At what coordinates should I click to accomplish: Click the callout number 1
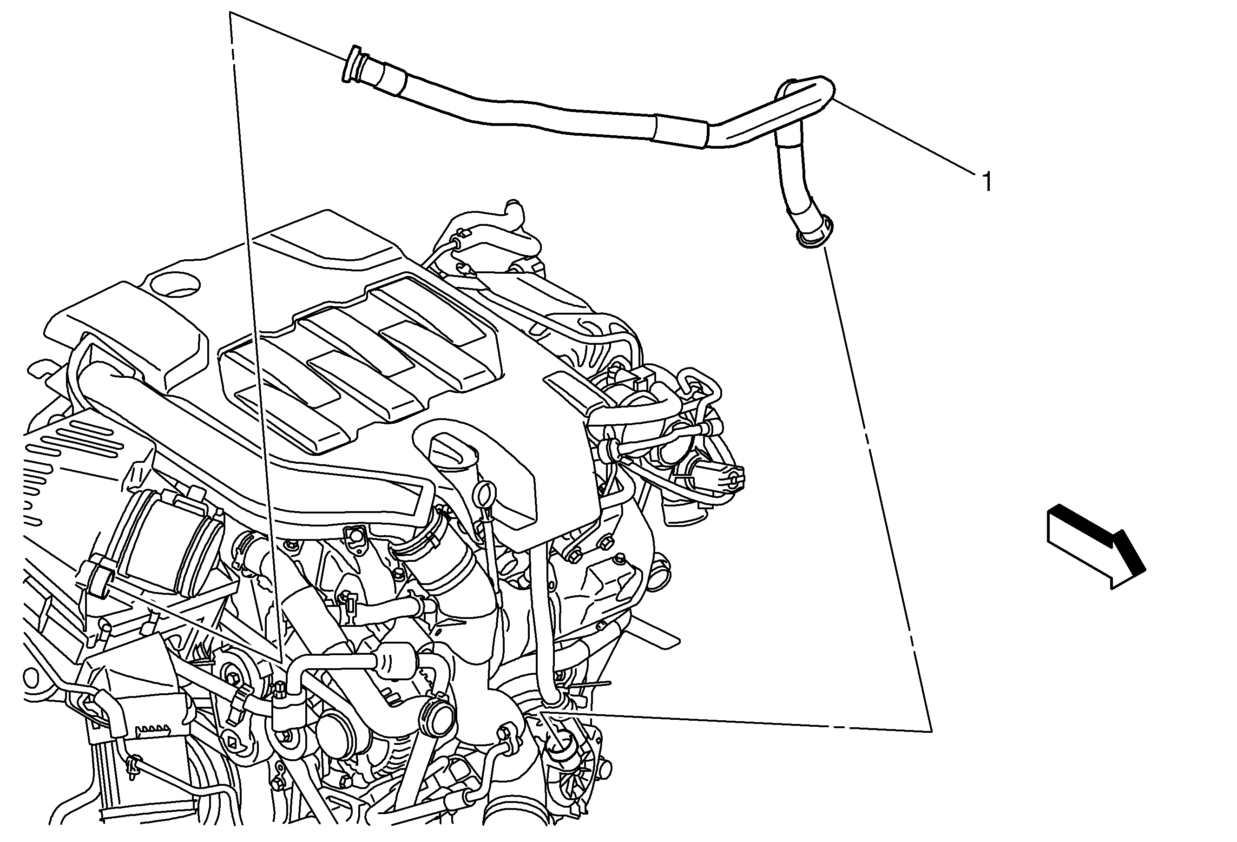coord(987,183)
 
